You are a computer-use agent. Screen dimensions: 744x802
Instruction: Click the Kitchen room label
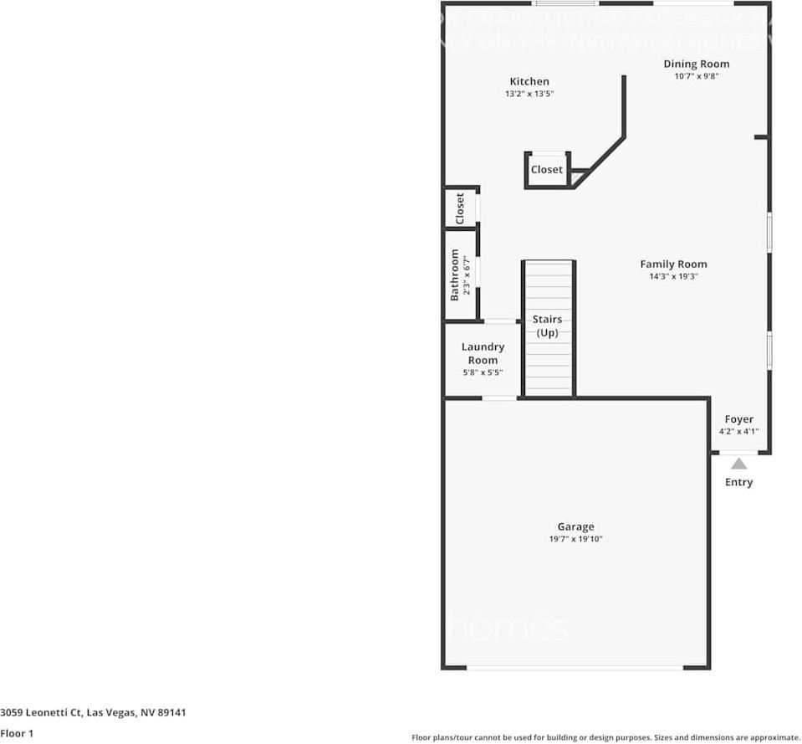(529, 81)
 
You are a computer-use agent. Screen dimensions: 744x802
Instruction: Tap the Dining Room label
(696, 64)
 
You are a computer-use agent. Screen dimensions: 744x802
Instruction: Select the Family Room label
(673, 264)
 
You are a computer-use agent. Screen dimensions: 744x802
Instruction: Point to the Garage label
(575, 526)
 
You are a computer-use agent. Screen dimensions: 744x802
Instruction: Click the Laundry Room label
(483, 353)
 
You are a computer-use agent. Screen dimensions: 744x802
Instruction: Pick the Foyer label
(738, 419)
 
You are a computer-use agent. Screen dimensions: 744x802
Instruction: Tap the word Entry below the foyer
(738, 482)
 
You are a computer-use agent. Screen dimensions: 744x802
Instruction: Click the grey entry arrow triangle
(738, 463)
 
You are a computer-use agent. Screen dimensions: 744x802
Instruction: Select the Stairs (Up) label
(548, 326)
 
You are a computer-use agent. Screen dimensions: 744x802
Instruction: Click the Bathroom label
(455, 275)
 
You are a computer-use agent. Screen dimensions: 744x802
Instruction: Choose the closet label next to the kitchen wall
(547, 169)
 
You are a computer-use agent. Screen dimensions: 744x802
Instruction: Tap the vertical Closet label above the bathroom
(459, 208)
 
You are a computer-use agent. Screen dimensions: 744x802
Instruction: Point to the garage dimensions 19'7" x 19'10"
(575, 540)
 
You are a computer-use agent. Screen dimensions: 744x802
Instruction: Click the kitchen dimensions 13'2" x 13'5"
(529, 94)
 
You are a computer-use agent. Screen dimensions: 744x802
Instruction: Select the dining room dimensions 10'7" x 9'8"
(697, 76)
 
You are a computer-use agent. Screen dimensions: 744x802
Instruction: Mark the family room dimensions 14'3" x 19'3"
(673, 276)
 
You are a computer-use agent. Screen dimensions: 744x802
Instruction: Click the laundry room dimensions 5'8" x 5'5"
(483, 372)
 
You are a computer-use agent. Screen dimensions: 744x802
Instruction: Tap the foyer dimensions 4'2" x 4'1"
(738, 432)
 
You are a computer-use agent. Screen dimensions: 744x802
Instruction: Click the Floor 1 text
(16, 733)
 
